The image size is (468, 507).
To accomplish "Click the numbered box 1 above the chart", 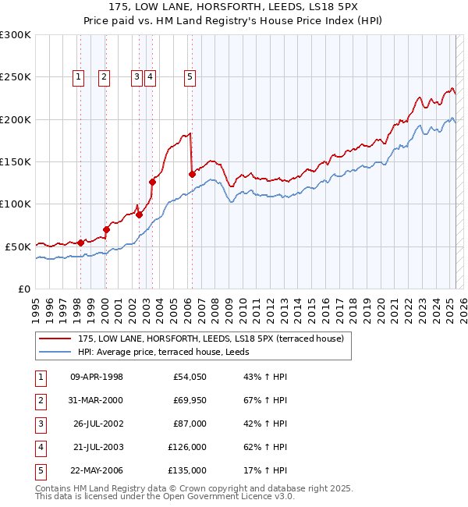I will pos(80,76).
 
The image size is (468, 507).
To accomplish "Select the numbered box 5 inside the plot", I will pos(190,76).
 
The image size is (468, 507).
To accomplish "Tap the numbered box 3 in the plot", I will pos(136,76).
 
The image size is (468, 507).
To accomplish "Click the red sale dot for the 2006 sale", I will pos(192,175).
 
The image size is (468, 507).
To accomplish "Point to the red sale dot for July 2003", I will pos(153,183).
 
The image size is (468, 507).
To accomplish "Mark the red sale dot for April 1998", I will pos(80,243).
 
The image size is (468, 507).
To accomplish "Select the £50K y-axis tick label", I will pos(18,246).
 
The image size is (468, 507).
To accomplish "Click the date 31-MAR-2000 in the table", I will pos(96,401).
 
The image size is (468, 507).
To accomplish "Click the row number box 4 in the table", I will pos(38,447).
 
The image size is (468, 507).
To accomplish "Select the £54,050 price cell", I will pos(190,378).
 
